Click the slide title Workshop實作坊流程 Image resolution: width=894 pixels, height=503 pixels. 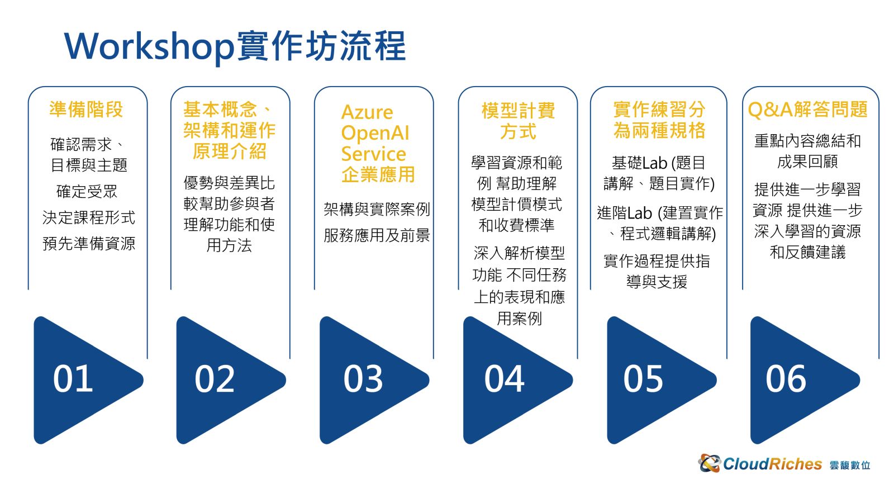(235, 47)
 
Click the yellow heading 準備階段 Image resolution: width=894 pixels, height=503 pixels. (86, 110)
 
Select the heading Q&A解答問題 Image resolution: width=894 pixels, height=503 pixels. (807, 110)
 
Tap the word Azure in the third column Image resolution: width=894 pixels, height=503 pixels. (367, 112)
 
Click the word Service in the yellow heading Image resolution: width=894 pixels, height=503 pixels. (374, 154)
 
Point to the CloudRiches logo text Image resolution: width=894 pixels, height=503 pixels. (772, 464)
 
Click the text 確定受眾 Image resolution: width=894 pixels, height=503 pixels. (87, 191)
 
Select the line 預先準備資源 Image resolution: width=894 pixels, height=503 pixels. (89, 243)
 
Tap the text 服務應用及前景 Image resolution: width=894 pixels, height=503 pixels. (377, 235)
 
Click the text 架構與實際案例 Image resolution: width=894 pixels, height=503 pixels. (377, 209)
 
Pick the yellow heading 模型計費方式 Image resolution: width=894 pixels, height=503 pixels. (518, 121)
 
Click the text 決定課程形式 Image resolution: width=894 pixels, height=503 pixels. (89, 217)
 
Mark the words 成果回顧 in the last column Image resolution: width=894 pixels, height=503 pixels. (807, 162)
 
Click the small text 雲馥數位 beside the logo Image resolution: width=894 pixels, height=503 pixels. (850, 466)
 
